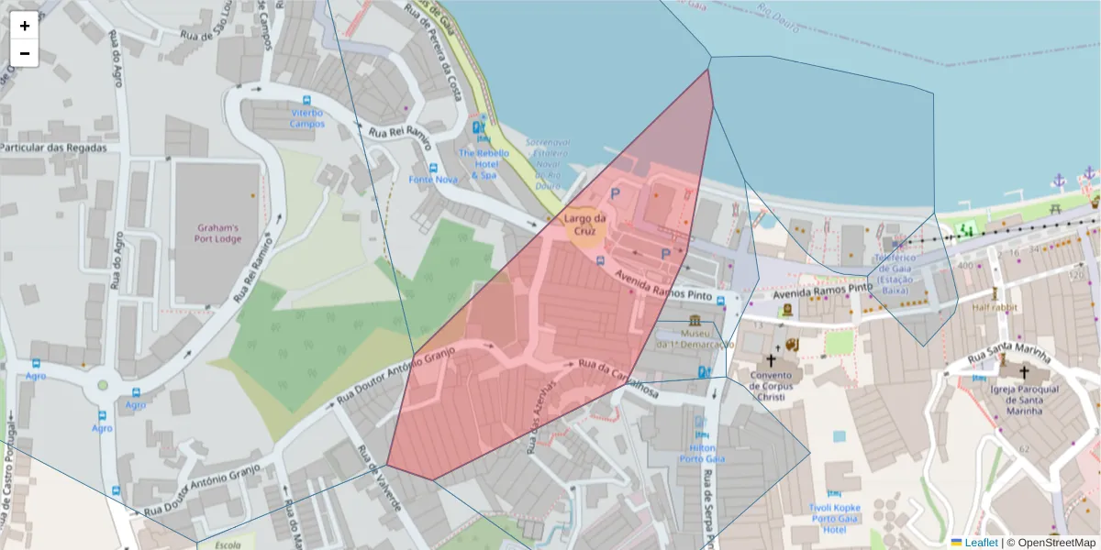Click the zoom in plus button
click(x=25, y=26)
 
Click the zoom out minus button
click(x=25, y=53)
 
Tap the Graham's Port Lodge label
click(x=218, y=234)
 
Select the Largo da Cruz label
click(x=585, y=225)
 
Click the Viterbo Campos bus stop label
click(x=307, y=118)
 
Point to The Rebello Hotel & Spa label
click(x=484, y=163)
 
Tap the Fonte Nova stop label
click(x=433, y=180)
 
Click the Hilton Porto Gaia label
click(x=702, y=453)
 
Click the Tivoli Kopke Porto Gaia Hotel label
click(x=834, y=518)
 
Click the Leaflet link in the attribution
click(x=980, y=543)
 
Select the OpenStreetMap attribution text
click(x=1056, y=543)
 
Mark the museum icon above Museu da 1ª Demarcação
click(x=695, y=320)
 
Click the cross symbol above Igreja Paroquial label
click(x=1023, y=372)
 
